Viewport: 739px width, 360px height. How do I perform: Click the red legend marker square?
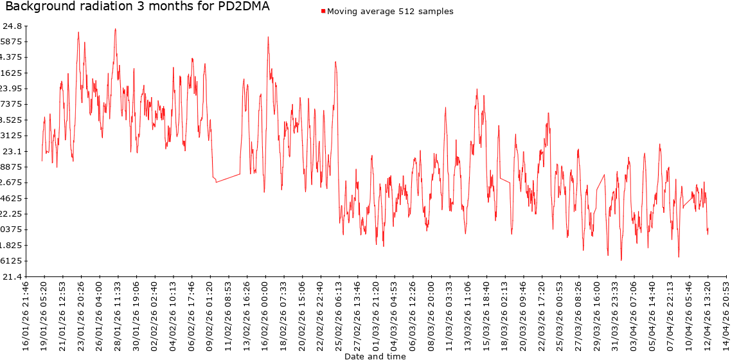coord(323,12)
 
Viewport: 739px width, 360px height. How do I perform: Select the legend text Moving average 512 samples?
coord(390,12)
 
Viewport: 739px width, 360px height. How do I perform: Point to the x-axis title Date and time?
coord(375,355)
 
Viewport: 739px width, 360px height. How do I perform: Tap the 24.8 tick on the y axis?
coord(13,26)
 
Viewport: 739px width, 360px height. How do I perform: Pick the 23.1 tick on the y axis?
coord(13,151)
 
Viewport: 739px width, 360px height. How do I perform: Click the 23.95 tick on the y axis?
coord(11,89)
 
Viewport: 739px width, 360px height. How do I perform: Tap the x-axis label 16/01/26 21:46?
coord(26,315)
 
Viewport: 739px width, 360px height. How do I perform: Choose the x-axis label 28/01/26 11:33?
coord(118,315)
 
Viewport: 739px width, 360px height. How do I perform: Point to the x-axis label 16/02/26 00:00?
coord(265,315)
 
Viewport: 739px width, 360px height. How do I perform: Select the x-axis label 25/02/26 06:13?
coord(339,315)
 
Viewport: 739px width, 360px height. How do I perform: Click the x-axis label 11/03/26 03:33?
coord(449,315)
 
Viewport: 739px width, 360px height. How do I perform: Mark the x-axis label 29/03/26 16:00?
coord(597,315)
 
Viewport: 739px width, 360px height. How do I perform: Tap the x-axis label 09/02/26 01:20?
coord(210,315)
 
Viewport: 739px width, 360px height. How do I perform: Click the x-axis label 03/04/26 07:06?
coord(634,315)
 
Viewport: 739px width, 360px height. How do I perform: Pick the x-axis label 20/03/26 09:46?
coord(523,315)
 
